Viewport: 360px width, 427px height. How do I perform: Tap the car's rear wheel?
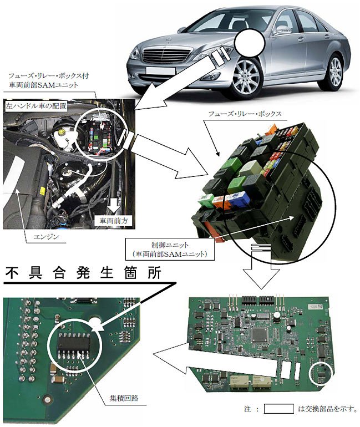336,72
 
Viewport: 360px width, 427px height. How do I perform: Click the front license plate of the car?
160,70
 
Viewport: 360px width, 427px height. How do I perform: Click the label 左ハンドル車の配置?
37,106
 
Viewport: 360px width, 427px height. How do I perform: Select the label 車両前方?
114,221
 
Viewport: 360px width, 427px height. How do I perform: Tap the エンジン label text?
46,237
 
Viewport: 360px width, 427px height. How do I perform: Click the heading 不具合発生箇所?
83,273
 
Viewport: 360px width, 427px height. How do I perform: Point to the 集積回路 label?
124,398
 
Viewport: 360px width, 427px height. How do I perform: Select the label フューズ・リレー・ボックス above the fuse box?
245,114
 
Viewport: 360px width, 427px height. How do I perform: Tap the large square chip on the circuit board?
260,335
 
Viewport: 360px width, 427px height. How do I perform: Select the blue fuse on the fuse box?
240,198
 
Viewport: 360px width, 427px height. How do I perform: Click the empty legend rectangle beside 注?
279,409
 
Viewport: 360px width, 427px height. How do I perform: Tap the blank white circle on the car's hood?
250,43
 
